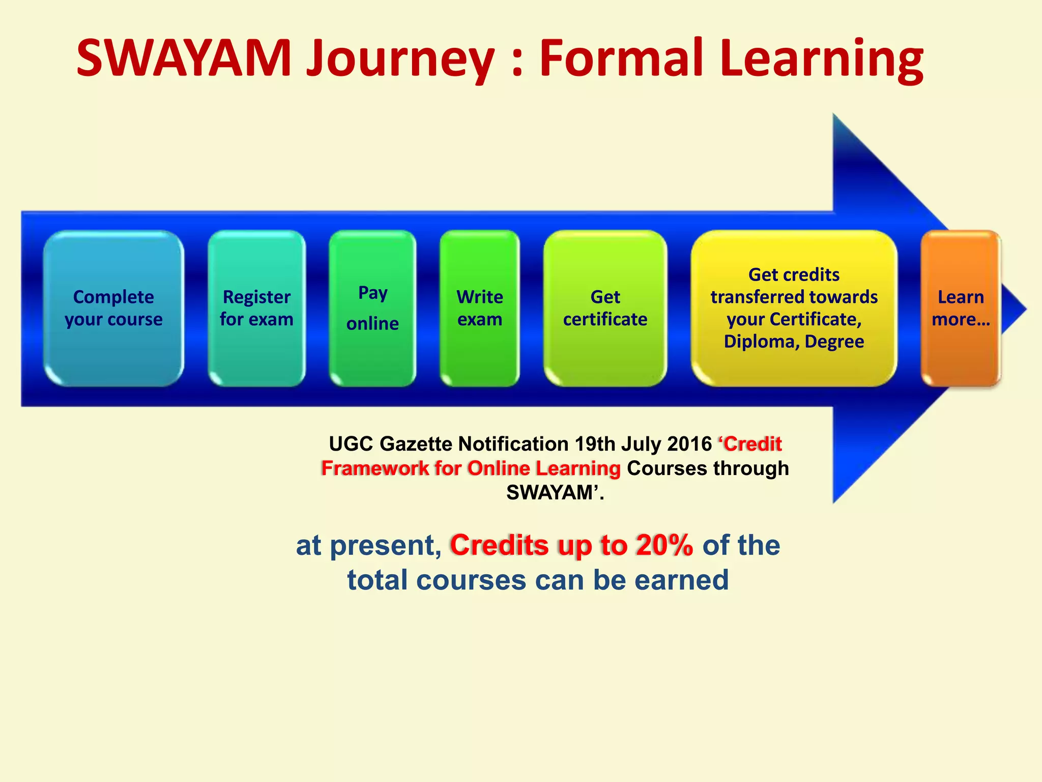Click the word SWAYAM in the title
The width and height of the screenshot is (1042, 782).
tap(183, 59)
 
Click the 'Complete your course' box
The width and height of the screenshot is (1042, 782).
tap(113, 308)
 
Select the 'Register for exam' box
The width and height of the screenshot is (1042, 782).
tap(256, 308)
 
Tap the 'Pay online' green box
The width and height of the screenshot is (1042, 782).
tap(372, 308)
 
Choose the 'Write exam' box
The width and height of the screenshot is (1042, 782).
tap(479, 308)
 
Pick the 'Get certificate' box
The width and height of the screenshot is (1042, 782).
tap(605, 308)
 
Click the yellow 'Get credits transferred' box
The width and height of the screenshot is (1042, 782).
tap(794, 308)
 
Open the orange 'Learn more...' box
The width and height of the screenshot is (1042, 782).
tap(960, 308)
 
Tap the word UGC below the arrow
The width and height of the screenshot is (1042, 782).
tap(351, 444)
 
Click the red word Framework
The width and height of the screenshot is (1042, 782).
tap(374, 468)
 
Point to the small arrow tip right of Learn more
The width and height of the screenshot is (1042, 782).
tap(1015, 309)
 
